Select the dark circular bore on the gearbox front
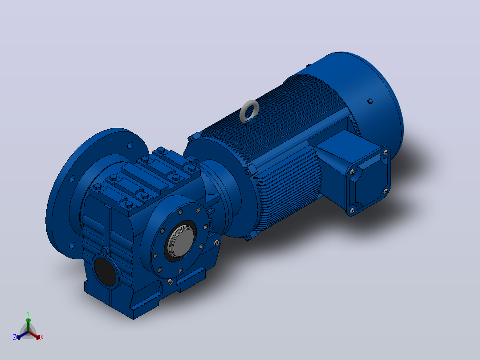point(106,271)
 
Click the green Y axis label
point(28,313)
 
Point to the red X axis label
point(42,337)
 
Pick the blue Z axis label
point(14,337)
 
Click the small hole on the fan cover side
point(370,101)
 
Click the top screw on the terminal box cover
point(386,152)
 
